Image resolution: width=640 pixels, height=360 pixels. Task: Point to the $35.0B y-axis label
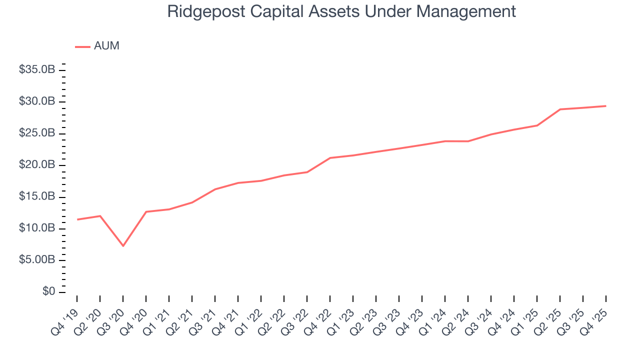tap(37, 70)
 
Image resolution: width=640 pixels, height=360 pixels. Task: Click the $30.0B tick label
tap(37, 102)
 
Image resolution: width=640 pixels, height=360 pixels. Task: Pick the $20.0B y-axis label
tap(37, 165)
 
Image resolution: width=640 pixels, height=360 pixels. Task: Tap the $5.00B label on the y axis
tap(37, 260)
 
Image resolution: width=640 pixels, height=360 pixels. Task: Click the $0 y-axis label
tap(48, 292)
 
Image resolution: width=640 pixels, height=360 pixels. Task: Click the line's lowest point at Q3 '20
tap(123, 246)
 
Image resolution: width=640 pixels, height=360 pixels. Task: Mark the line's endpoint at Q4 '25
tap(606, 106)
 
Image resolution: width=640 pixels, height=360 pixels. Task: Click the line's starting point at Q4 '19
tap(77, 219)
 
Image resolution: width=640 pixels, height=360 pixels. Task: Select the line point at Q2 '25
tap(560, 109)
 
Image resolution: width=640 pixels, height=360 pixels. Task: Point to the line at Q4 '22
tap(330, 158)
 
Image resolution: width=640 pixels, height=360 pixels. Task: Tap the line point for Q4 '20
tap(146, 211)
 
